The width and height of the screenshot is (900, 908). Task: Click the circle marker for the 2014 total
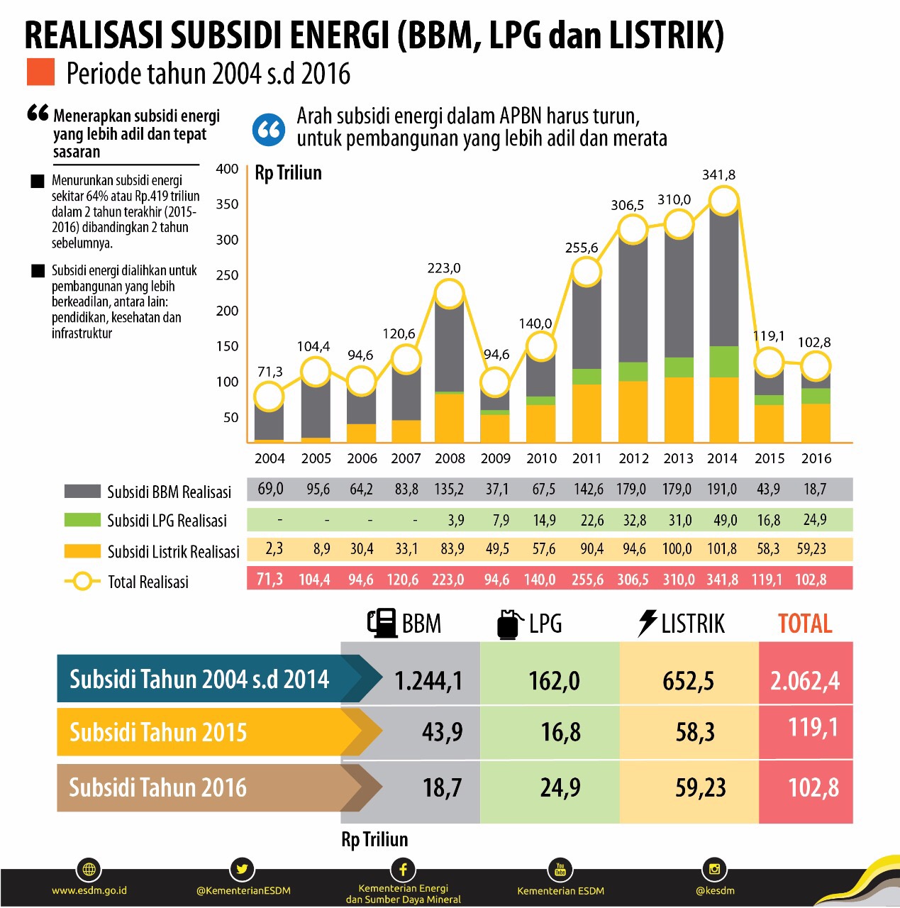pos(723,201)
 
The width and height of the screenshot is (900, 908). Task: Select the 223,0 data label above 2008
pos(444,268)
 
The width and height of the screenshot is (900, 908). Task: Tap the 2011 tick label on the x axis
pos(587,458)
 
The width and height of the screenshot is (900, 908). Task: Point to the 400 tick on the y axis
pos(227,169)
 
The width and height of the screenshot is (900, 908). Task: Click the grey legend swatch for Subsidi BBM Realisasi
pos(82,492)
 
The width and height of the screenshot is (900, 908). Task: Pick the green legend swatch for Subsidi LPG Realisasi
pos(82,520)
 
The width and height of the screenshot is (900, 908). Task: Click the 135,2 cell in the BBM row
pos(449,489)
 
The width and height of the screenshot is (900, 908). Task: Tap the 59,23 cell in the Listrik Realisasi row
pos(811,549)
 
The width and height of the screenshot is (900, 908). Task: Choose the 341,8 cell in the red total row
pos(722,580)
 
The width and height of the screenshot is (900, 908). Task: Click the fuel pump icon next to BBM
pos(382,624)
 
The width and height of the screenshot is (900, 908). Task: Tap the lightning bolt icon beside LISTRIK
pos(647,623)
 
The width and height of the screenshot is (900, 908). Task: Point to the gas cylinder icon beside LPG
pos(509,624)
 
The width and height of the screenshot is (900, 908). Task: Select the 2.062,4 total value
pos(805,681)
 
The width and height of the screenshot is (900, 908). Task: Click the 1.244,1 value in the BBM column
pos(428,681)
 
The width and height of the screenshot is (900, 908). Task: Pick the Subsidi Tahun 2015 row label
pos(158,732)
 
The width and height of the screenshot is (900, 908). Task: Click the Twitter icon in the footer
pos(242,869)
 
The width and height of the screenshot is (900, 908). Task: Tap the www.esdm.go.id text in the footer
pos(89,890)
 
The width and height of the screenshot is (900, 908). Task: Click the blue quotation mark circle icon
pos(269,130)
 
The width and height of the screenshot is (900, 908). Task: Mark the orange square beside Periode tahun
pos(40,72)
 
